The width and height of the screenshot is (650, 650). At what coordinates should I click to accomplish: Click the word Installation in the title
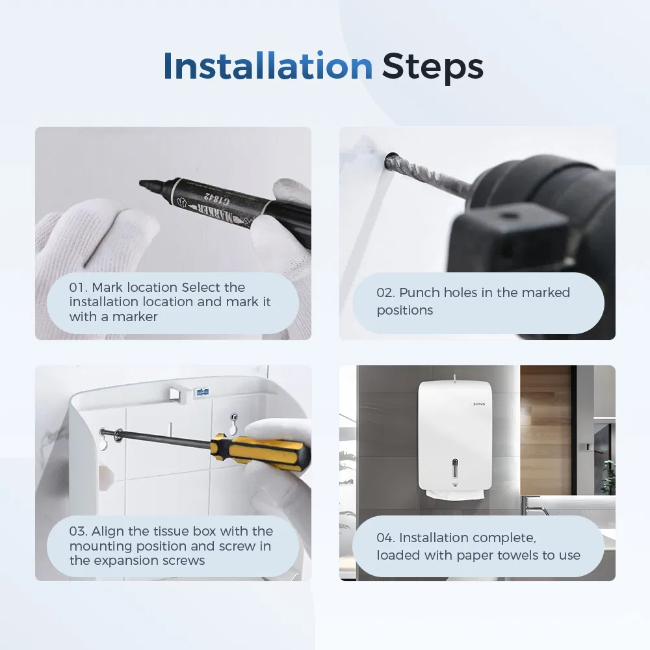click(268, 66)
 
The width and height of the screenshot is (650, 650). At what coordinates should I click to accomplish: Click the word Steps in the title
click(432, 68)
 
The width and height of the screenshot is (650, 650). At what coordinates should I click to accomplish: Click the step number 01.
click(79, 287)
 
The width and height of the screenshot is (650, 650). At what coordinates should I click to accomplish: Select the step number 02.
click(385, 292)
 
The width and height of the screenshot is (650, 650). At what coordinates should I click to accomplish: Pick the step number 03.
click(79, 531)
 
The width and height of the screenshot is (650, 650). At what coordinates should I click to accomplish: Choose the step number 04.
click(385, 538)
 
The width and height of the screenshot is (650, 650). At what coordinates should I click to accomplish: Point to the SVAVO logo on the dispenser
click(479, 404)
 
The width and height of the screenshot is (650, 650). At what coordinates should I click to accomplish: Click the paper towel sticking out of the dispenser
click(455, 494)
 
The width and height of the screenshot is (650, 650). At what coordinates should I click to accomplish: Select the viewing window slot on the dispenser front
click(455, 468)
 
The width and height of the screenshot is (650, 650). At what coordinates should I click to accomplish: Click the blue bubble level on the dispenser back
click(202, 392)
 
